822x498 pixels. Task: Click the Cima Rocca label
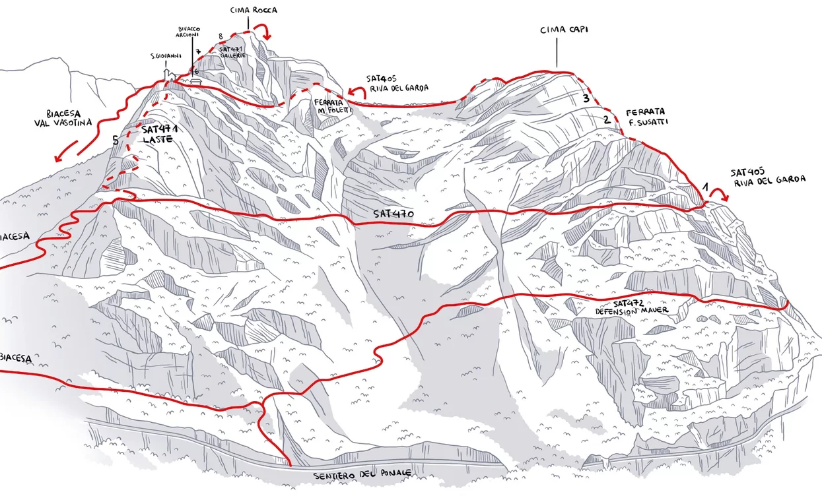254,10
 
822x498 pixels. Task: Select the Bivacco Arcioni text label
188,32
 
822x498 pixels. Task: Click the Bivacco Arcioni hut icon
196,80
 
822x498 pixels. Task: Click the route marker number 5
116,140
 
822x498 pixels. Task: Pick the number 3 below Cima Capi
585,99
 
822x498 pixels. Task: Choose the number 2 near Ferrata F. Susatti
606,120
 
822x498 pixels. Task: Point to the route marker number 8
221,36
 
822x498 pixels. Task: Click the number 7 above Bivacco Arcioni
197,51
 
